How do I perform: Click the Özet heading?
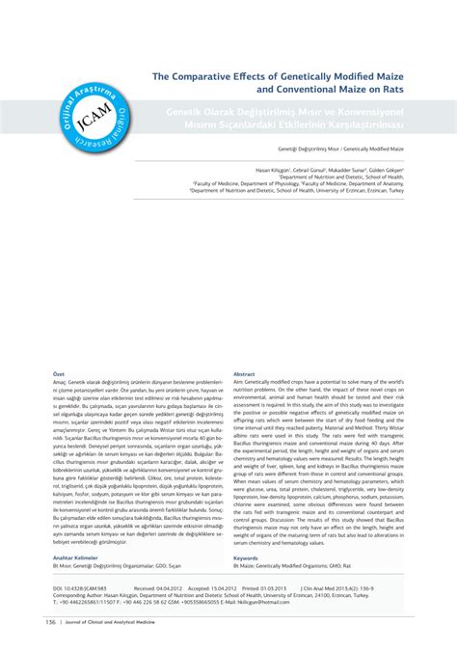(58, 373)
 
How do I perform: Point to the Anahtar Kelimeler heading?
(74, 558)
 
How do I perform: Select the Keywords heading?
(246, 558)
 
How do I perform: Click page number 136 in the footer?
(49, 622)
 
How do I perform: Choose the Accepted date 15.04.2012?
(227, 587)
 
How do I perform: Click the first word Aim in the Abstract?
(238, 382)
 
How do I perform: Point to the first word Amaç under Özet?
(61, 382)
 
